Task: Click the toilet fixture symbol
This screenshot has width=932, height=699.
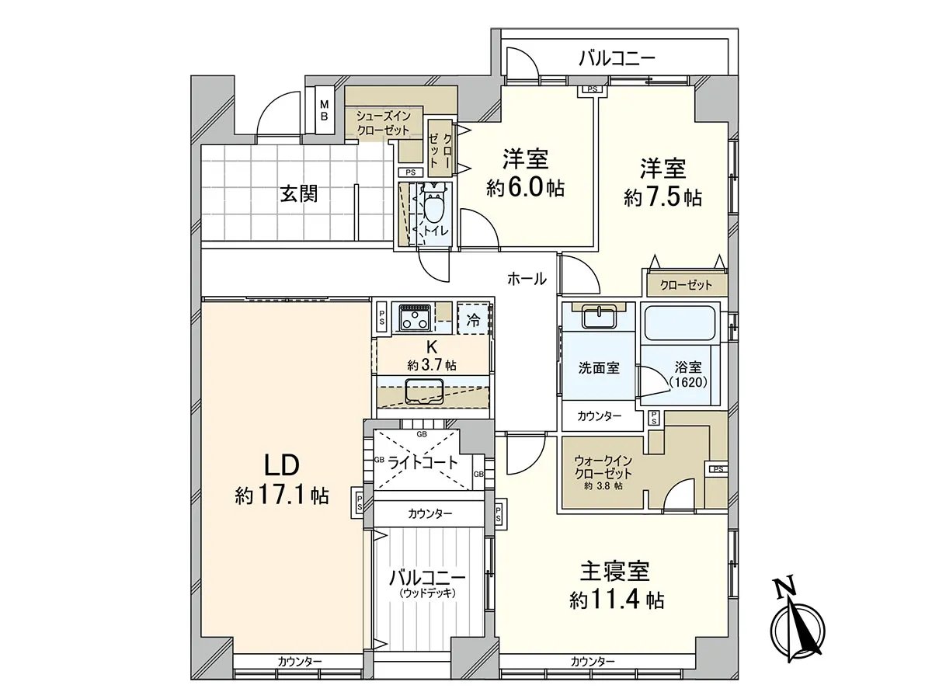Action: [x=433, y=204]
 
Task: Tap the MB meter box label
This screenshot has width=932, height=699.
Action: [x=324, y=110]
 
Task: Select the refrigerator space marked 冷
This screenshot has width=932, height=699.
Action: [x=473, y=320]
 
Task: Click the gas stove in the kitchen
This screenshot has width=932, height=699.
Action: [x=415, y=317]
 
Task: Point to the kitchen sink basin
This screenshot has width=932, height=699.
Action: [x=424, y=391]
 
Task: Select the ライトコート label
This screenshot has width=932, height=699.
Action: [x=423, y=462]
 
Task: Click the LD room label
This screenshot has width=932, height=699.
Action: [x=282, y=464]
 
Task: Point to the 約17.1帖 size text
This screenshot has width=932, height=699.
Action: [x=282, y=496]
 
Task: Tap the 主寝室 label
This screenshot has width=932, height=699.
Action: [x=615, y=572]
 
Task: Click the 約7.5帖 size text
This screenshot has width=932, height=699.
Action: [x=662, y=197]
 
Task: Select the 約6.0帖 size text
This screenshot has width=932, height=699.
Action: [x=525, y=188]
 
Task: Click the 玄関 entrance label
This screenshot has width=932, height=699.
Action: [x=299, y=195]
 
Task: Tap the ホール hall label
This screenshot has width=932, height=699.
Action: [x=527, y=279]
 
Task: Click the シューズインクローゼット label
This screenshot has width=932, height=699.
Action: [x=383, y=123]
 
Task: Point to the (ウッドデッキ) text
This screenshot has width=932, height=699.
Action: [x=427, y=593]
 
